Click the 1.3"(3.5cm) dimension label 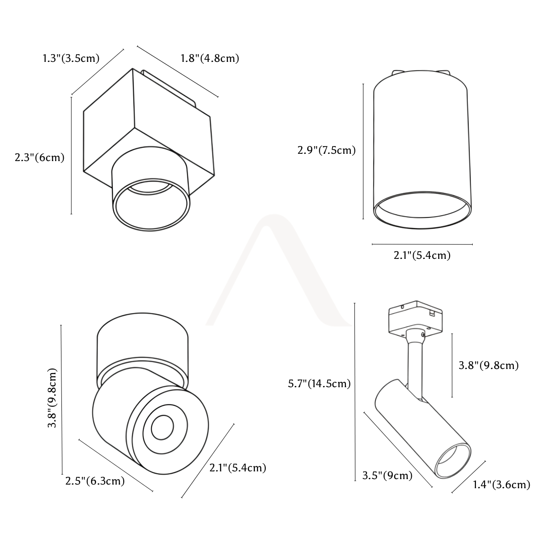[71, 58]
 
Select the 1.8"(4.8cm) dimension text [210, 58]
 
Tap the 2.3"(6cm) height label [40, 157]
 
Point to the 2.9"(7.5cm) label [326, 150]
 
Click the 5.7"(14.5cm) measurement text [319, 384]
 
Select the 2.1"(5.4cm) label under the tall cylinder [422, 255]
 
